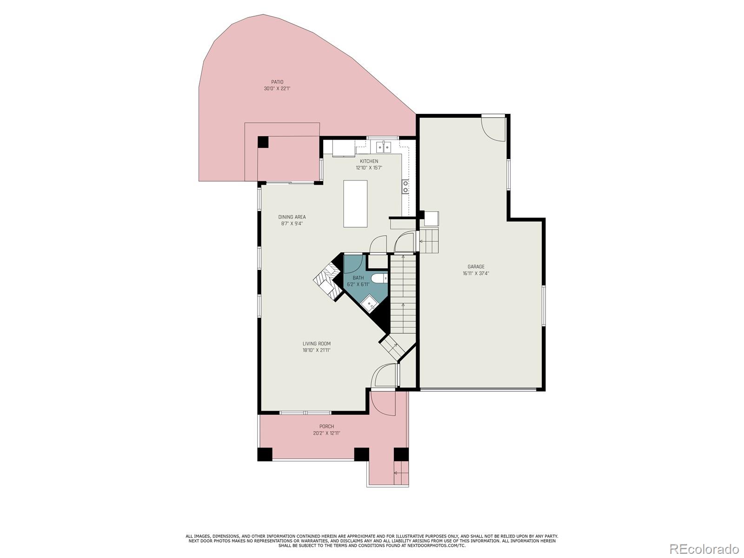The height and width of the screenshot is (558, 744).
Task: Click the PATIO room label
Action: (x=277, y=82)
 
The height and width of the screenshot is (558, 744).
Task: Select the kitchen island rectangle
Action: (x=355, y=204)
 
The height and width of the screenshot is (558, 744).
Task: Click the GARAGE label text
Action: (x=476, y=267)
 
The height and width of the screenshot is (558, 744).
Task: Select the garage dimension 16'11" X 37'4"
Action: (x=476, y=273)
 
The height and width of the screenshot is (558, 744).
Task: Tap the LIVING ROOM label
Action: (x=316, y=344)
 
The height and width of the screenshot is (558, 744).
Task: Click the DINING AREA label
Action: (x=292, y=217)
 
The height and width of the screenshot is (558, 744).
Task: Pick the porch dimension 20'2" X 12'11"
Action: (x=326, y=433)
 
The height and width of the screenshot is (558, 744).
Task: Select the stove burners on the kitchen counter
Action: (x=405, y=186)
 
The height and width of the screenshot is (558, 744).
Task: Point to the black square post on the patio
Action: (x=263, y=142)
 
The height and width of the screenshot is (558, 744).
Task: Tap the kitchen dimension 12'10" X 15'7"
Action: (x=369, y=168)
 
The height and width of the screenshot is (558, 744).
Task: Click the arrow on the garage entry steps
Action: (x=423, y=241)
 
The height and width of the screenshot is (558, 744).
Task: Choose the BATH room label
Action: (x=358, y=278)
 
